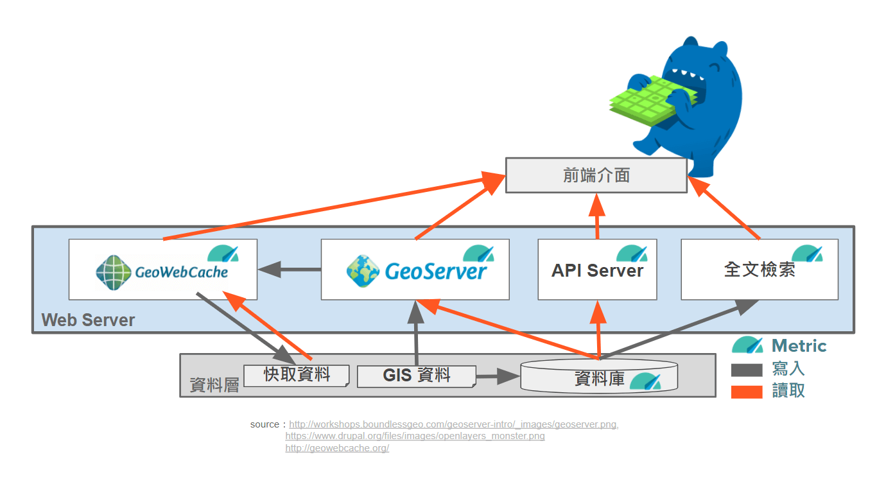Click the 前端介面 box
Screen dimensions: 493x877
coord(596,175)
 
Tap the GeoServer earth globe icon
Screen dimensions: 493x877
coord(362,271)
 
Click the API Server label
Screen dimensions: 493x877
coord(597,270)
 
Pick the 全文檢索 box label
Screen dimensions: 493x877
coord(760,270)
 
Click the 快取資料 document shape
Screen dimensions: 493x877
coord(297,375)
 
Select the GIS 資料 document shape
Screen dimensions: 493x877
coord(416,376)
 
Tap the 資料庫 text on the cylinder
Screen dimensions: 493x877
coord(599,379)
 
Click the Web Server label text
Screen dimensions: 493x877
coord(88,320)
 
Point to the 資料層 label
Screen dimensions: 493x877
coord(214,385)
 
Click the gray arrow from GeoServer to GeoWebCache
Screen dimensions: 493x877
coord(289,270)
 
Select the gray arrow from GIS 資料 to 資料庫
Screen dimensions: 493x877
coord(497,377)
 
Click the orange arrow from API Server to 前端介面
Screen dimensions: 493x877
coord(597,218)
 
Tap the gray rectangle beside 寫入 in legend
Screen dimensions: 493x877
coord(747,370)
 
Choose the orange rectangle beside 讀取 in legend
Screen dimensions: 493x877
coord(747,391)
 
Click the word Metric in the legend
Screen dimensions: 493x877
coord(799,346)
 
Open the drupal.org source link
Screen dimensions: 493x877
coord(415,436)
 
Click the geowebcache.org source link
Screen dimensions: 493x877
coord(337,448)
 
